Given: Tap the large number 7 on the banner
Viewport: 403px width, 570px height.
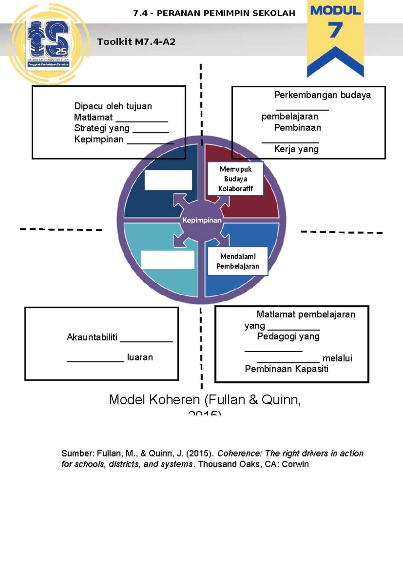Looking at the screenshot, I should (335, 30).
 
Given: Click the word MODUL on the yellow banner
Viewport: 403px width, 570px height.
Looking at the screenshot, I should (335, 10).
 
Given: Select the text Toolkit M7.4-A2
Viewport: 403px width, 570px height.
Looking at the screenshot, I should (136, 42).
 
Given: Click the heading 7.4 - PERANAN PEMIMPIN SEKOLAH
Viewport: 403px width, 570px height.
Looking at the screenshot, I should (214, 13).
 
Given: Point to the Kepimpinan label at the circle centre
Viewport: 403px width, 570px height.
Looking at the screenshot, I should (202, 220).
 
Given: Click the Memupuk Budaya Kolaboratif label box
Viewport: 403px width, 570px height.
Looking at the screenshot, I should (235, 179).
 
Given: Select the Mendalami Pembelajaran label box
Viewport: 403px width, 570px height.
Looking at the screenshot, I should (237, 261).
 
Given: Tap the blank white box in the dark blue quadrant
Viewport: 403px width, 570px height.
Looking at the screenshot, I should (168, 180).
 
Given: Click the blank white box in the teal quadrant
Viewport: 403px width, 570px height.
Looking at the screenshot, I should (168, 260).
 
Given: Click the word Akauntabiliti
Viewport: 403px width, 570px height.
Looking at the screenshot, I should (92, 337).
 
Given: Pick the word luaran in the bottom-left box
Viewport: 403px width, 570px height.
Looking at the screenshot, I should (140, 357).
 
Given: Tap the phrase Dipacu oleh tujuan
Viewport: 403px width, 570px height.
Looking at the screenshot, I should (113, 106).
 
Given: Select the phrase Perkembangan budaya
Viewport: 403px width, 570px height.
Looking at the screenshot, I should (322, 95).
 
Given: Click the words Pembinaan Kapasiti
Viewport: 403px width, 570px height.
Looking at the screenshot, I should (286, 369).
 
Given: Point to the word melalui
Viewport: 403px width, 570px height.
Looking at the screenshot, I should (337, 358).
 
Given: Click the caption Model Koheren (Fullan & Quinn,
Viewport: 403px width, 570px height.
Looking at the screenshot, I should (205, 400).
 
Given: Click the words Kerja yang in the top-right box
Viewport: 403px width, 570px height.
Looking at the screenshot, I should (296, 149).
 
